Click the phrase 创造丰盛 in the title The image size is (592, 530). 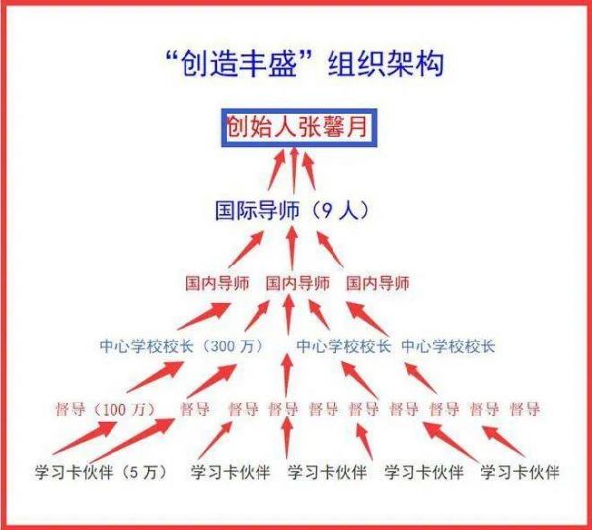[x=239, y=64]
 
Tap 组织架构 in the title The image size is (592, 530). [x=386, y=64]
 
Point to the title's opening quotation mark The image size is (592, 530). [x=172, y=57]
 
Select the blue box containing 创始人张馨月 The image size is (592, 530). [x=299, y=127]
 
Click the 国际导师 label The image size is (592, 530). [x=258, y=210]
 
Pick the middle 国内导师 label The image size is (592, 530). [x=298, y=283]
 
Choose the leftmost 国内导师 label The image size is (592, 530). [x=217, y=283]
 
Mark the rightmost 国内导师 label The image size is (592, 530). [x=378, y=283]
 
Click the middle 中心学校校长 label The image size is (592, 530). [x=343, y=346]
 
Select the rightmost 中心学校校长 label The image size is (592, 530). [x=448, y=346]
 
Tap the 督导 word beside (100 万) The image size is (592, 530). [x=70, y=409]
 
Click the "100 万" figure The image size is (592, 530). [x=123, y=410]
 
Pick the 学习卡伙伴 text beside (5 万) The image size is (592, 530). [x=74, y=472]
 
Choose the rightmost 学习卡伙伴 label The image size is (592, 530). [x=520, y=472]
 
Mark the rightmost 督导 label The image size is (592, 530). [x=525, y=409]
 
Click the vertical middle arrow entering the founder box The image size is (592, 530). [x=294, y=171]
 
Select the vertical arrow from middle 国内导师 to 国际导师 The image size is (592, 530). [x=292, y=249]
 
